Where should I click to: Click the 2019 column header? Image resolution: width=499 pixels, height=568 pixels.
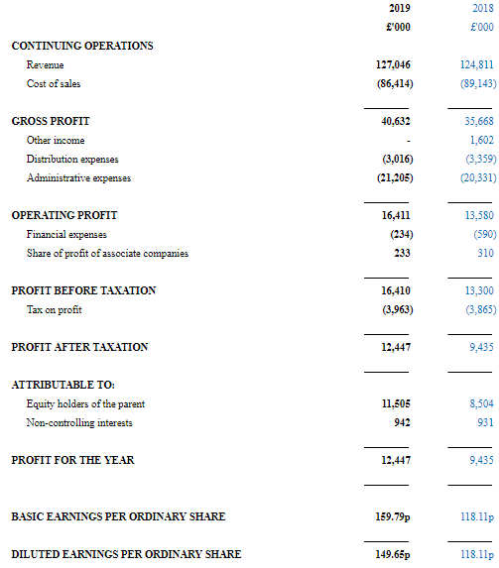click(x=400, y=8)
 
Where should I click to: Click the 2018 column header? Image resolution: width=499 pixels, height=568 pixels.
click(x=483, y=8)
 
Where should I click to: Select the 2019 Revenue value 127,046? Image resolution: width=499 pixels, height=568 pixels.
click(x=393, y=64)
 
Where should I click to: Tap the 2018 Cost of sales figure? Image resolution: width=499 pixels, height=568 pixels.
click(x=478, y=83)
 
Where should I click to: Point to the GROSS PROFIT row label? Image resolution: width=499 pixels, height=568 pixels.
click(x=51, y=121)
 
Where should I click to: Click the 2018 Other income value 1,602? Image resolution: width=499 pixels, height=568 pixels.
click(x=482, y=140)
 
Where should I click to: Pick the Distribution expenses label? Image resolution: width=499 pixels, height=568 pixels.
click(x=72, y=159)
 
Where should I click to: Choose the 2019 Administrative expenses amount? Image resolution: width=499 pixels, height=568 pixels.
click(x=395, y=177)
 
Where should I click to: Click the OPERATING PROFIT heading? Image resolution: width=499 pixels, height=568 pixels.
click(x=64, y=215)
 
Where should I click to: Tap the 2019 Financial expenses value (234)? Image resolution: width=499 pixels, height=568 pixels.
click(x=402, y=234)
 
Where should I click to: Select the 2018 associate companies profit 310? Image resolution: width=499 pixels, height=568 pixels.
click(x=485, y=253)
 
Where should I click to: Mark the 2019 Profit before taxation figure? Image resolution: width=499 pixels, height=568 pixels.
click(x=396, y=290)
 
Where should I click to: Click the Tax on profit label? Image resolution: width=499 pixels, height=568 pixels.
click(x=54, y=309)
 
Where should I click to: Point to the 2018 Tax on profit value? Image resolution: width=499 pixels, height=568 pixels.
click(x=481, y=309)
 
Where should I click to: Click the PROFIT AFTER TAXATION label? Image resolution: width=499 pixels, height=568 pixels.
click(x=79, y=347)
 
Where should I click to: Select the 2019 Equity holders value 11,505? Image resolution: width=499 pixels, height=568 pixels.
click(x=396, y=403)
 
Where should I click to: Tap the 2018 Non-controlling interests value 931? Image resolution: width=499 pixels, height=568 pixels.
click(x=485, y=422)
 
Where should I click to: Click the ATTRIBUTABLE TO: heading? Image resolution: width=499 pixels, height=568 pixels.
click(x=63, y=385)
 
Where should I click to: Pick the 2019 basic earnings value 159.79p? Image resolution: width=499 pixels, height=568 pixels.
click(x=393, y=516)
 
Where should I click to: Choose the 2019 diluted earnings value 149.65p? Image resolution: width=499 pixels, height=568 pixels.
click(x=393, y=554)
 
